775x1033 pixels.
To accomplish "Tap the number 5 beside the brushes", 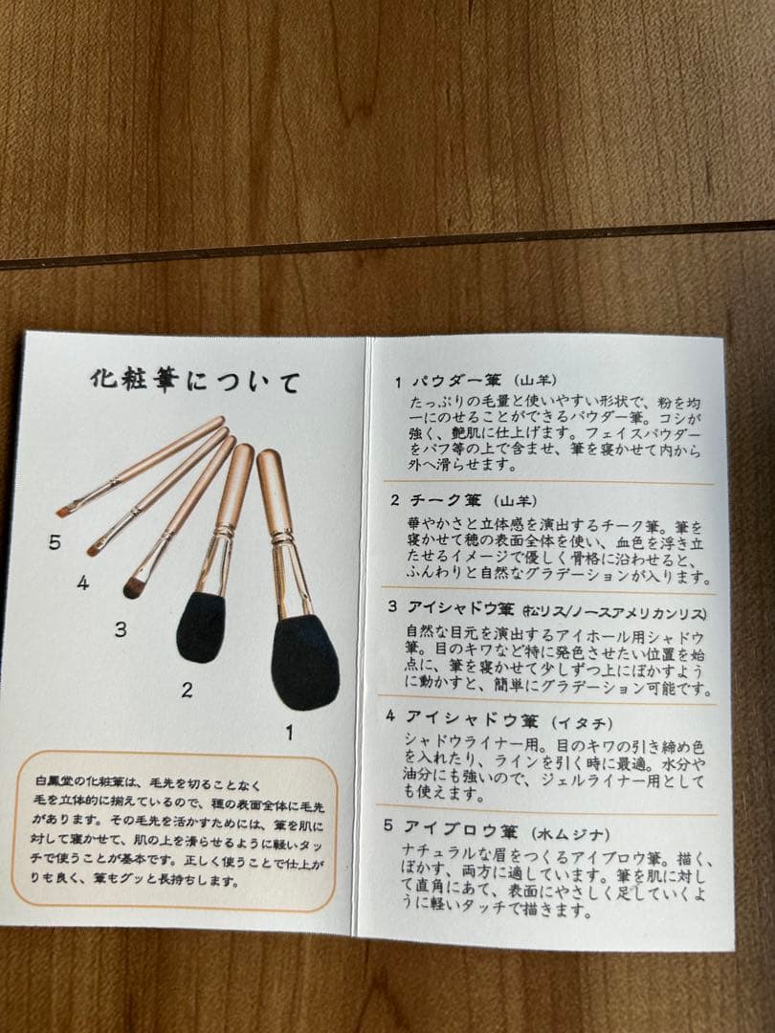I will point(55,542).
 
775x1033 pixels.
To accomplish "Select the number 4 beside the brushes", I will point(83,582).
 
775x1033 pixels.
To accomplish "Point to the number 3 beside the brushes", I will point(120,629).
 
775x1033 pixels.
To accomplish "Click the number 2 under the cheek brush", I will point(187,689).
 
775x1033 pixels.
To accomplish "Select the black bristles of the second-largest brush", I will point(201,626).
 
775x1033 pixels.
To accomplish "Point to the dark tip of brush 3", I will point(134,586).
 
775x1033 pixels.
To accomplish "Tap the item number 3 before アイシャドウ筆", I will point(392,607).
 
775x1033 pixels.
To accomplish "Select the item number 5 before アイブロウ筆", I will point(389,825).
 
